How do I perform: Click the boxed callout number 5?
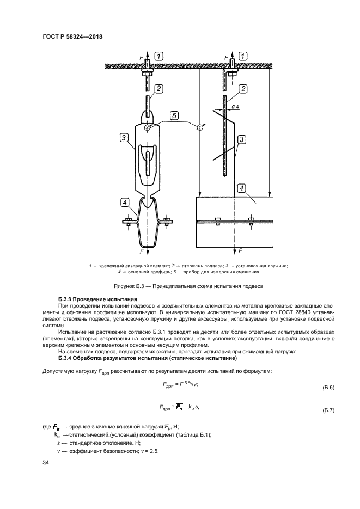pos(173,115)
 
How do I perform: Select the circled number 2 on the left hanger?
pos(148,127)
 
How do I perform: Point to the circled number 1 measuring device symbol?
pos(199,127)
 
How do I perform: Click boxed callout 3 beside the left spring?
pos(124,137)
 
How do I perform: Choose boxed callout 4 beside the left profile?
pos(125,203)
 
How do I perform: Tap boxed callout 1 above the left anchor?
pos(158,56)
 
